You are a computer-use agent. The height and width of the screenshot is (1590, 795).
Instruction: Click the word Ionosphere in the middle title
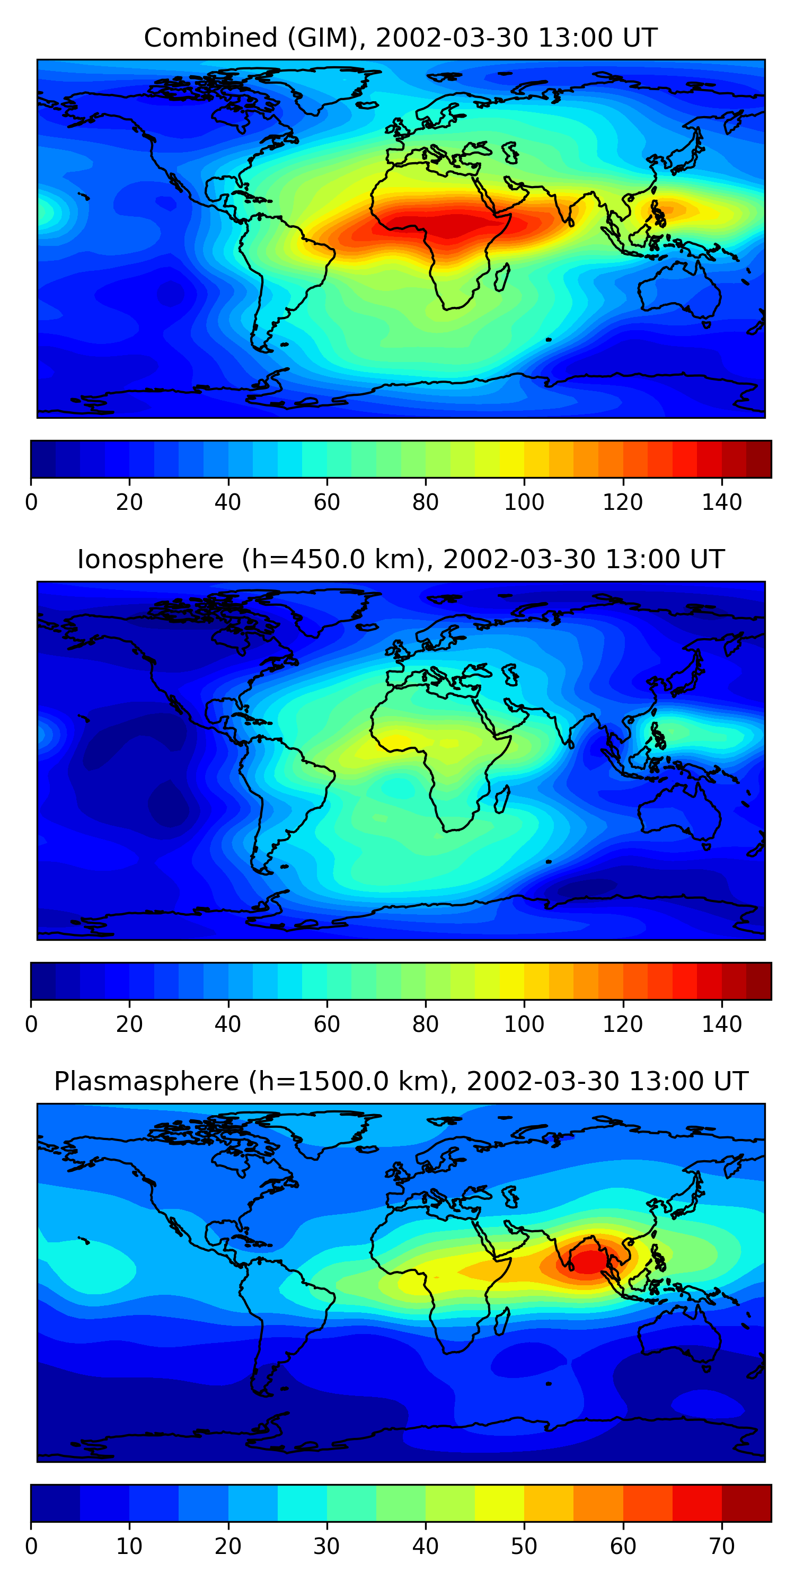click(150, 560)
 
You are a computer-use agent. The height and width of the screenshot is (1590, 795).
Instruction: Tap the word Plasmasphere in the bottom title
click(146, 1081)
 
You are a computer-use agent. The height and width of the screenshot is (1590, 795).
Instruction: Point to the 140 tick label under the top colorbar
click(721, 502)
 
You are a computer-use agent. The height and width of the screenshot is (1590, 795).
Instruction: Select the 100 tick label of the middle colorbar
click(524, 1024)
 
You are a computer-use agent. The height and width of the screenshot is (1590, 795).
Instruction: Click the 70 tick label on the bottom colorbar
click(721, 1546)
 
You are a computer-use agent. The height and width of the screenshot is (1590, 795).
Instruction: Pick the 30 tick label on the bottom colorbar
click(326, 1546)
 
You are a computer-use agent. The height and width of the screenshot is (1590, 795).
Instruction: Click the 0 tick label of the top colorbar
click(31, 502)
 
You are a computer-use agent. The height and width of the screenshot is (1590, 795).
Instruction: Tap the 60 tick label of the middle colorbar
click(326, 1024)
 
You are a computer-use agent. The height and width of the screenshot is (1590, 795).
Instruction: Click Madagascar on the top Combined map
click(502, 277)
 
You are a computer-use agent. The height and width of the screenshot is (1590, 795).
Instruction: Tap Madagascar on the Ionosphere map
click(502, 799)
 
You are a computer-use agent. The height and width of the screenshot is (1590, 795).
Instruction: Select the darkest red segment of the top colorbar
click(758, 459)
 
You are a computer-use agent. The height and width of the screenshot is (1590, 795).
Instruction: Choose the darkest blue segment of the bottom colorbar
click(55, 1503)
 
